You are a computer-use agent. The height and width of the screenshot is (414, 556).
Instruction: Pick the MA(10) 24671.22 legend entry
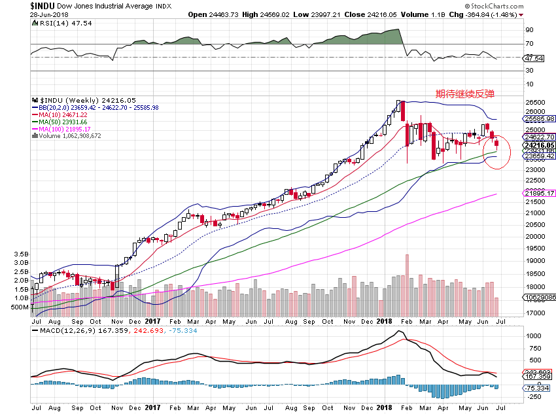point(64,114)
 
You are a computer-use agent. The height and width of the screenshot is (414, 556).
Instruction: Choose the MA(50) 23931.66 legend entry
point(64,122)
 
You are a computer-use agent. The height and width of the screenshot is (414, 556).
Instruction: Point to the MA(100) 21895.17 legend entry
point(66,129)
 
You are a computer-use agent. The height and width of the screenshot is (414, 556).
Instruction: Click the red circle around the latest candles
point(497,150)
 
